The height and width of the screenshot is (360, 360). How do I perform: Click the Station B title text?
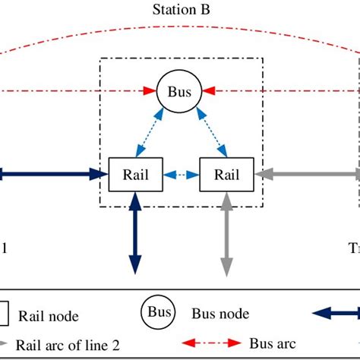tap(180, 11)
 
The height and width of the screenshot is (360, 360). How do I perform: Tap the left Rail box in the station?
tap(135, 174)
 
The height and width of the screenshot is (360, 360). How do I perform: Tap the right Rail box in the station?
tap(226, 174)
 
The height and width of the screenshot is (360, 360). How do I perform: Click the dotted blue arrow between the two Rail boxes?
tap(181, 174)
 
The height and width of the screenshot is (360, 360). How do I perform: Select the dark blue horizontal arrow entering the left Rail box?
tap(53, 174)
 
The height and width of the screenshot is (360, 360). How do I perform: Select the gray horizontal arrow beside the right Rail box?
tap(304, 174)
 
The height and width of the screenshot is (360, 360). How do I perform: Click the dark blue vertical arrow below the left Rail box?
tap(135, 232)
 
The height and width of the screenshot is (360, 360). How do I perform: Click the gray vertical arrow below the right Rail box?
tap(226, 232)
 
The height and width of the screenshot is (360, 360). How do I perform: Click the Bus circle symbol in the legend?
tap(159, 312)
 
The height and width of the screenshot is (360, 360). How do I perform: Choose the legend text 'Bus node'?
tap(220, 313)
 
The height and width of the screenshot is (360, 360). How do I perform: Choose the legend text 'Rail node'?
tap(48, 315)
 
